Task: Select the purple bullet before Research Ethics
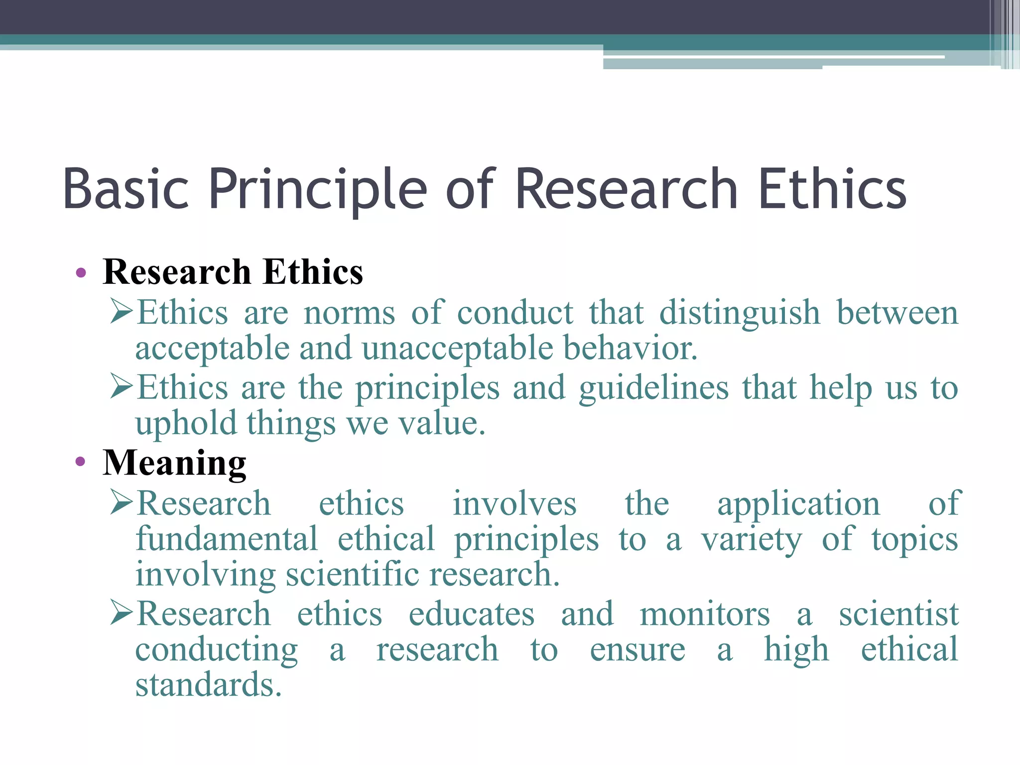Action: pos(81,273)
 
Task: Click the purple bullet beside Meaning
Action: pos(81,462)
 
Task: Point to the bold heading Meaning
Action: pos(174,463)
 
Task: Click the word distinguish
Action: pos(740,313)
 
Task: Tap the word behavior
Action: pos(630,348)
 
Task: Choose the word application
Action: pos(798,504)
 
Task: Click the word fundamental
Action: pos(227,539)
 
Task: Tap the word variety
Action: pos(752,540)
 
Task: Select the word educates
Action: pos(471,614)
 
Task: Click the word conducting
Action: pos(217,650)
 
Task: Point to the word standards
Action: pos(208,685)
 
